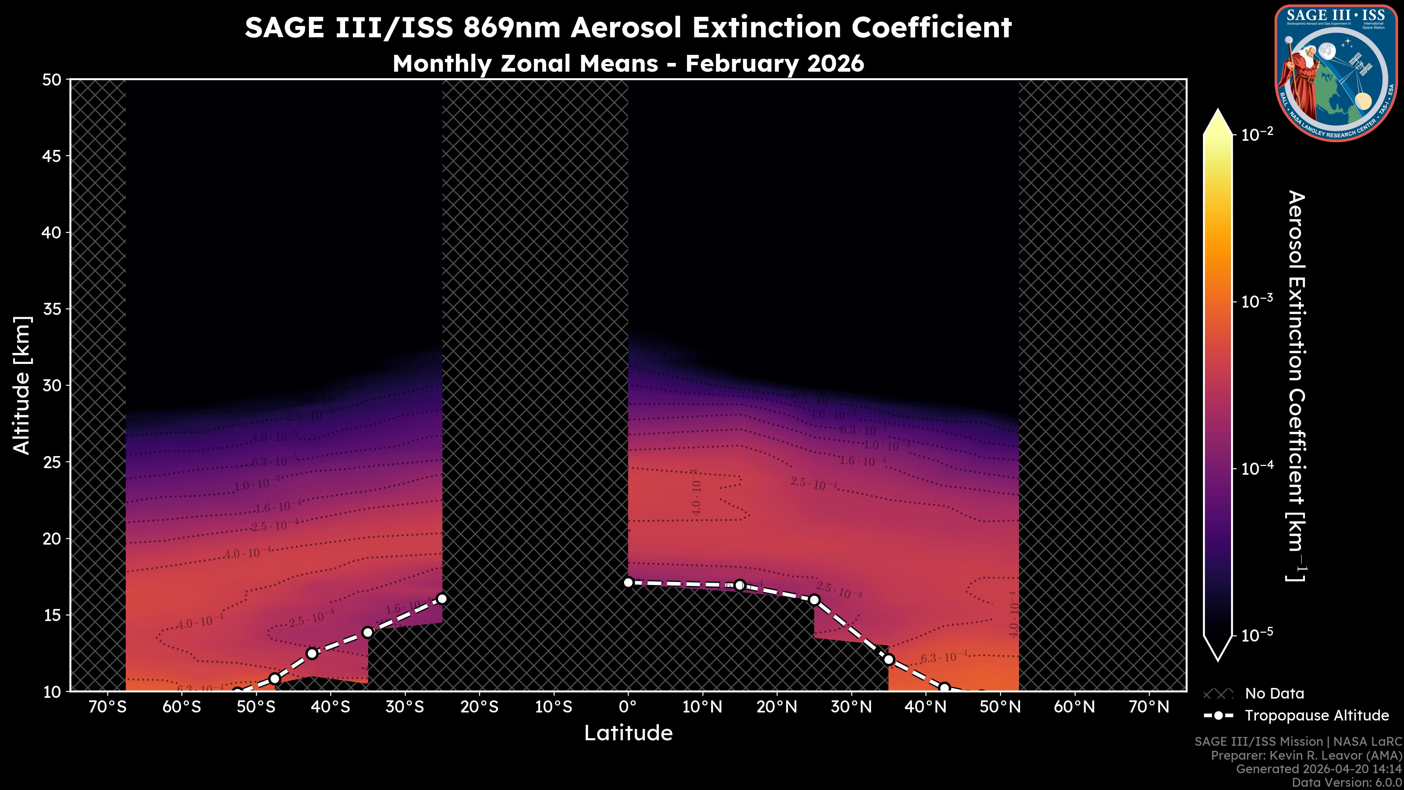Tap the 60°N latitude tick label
(1074, 707)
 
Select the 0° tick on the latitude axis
(628, 707)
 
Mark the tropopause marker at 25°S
(442, 599)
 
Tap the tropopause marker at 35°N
(888, 660)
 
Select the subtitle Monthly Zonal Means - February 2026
(628, 64)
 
